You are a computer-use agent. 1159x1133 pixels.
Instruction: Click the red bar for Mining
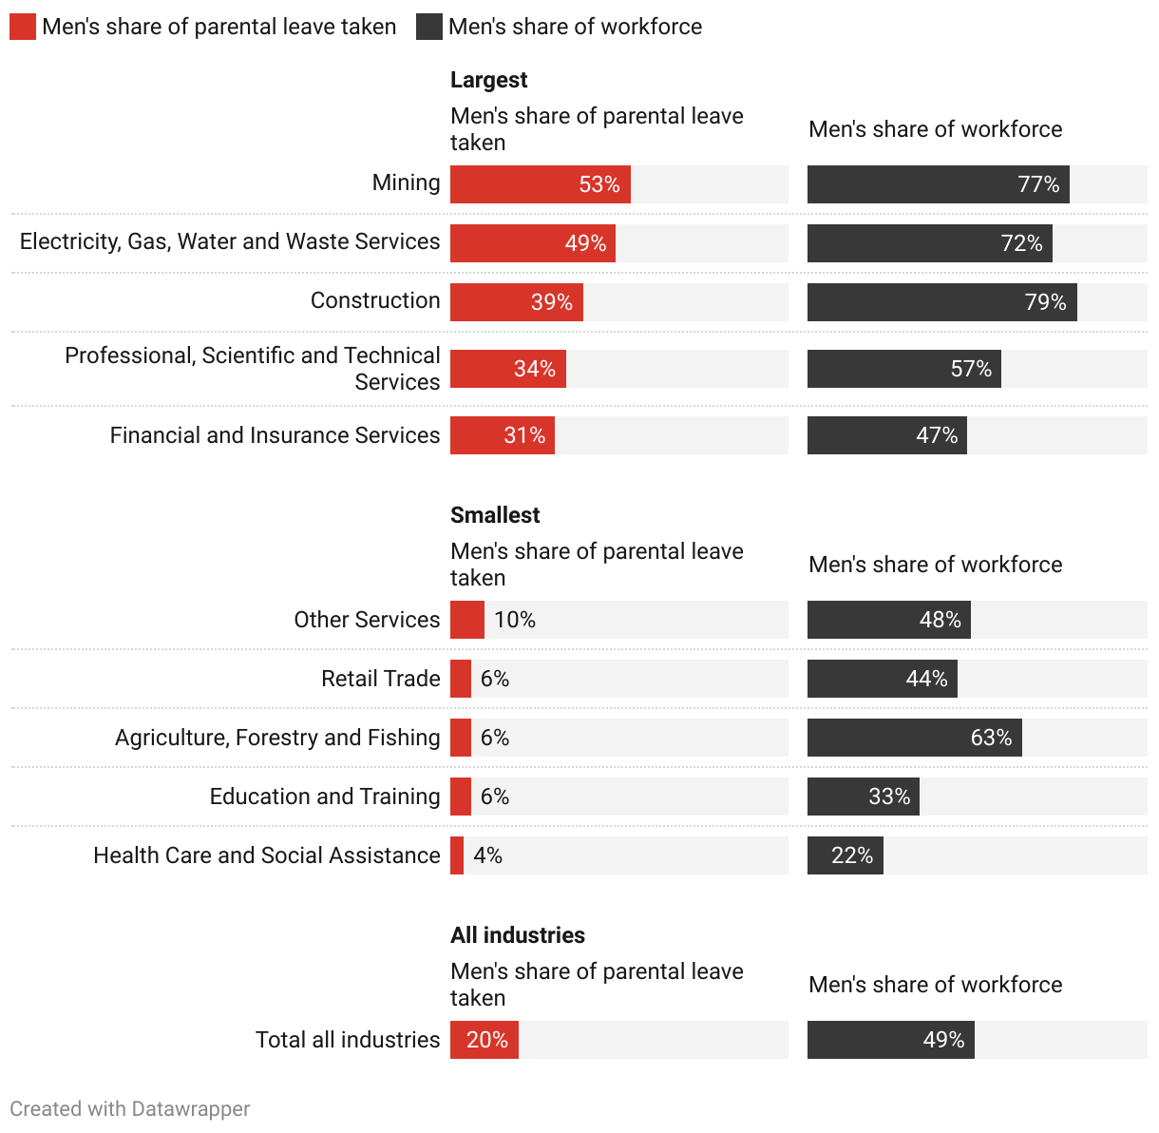[540, 184]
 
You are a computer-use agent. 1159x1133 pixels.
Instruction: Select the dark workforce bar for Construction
[941, 302]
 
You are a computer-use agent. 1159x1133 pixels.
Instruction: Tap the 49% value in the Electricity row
[585, 243]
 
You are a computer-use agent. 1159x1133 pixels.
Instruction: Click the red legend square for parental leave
[23, 27]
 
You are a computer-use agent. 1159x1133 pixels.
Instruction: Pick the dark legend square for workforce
[429, 27]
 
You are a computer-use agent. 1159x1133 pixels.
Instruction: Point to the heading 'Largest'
[488, 80]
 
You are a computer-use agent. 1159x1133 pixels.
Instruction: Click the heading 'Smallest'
[495, 515]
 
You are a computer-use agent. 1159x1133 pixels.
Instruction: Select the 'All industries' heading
[518, 935]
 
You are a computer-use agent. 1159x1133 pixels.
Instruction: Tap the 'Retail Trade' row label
[380, 679]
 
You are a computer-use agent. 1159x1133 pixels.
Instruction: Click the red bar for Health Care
[457, 855]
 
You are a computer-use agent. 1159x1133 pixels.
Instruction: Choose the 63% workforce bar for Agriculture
[914, 738]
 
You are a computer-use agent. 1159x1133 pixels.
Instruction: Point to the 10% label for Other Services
[515, 620]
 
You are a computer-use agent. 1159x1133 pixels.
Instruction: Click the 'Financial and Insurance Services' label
[275, 435]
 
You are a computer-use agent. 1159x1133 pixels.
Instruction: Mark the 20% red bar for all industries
[484, 1040]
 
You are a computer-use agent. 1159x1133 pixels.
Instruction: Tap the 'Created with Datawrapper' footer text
[130, 1109]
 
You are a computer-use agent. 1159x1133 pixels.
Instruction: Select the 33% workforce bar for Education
[863, 797]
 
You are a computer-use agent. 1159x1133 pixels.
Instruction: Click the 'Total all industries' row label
[348, 1040]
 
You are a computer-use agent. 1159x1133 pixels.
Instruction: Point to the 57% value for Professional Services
[971, 369]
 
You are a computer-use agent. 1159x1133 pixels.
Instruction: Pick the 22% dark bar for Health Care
[845, 855]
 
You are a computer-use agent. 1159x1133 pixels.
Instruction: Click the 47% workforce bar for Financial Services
[886, 435]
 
